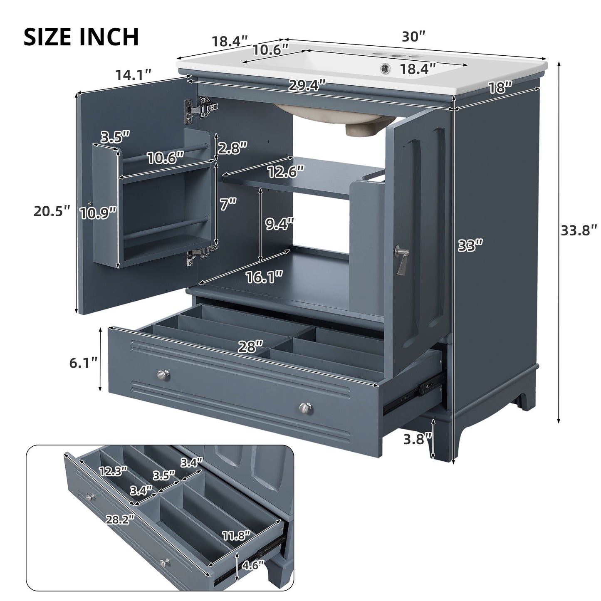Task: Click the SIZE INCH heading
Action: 81,37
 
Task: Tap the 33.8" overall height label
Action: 579,230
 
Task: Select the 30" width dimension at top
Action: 413,37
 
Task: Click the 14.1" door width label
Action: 133,75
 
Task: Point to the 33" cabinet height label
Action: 470,245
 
